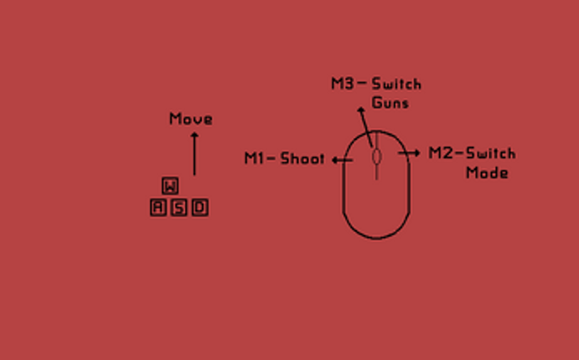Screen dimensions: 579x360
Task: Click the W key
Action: click(x=170, y=186)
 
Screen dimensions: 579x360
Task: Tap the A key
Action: click(x=158, y=208)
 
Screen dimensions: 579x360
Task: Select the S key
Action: click(x=179, y=208)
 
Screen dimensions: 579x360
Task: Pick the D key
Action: click(x=200, y=208)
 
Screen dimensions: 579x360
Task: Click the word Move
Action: click(x=191, y=119)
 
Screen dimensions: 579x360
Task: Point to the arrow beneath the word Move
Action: click(x=194, y=153)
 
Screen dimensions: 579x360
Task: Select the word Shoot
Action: click(x=302, y=158)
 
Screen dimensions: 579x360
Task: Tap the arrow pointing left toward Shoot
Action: click(x=343, y=160)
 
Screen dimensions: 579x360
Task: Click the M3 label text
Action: click(x=343, y=84)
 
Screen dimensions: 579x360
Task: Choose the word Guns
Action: click(x=390, y=102)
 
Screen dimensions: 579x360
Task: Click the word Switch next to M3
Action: click(x=396, y=84)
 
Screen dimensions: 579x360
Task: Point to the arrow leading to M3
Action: click(x=364, y=127)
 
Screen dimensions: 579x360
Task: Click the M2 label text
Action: click(x=441, y=153)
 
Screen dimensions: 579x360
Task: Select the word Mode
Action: click(x=487, y=172)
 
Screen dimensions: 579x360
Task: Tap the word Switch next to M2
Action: click(x=491, y=153)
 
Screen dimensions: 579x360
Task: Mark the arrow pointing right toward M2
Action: click(x=409, y=152)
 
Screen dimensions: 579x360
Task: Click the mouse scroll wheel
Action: click(x=377, y=157)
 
